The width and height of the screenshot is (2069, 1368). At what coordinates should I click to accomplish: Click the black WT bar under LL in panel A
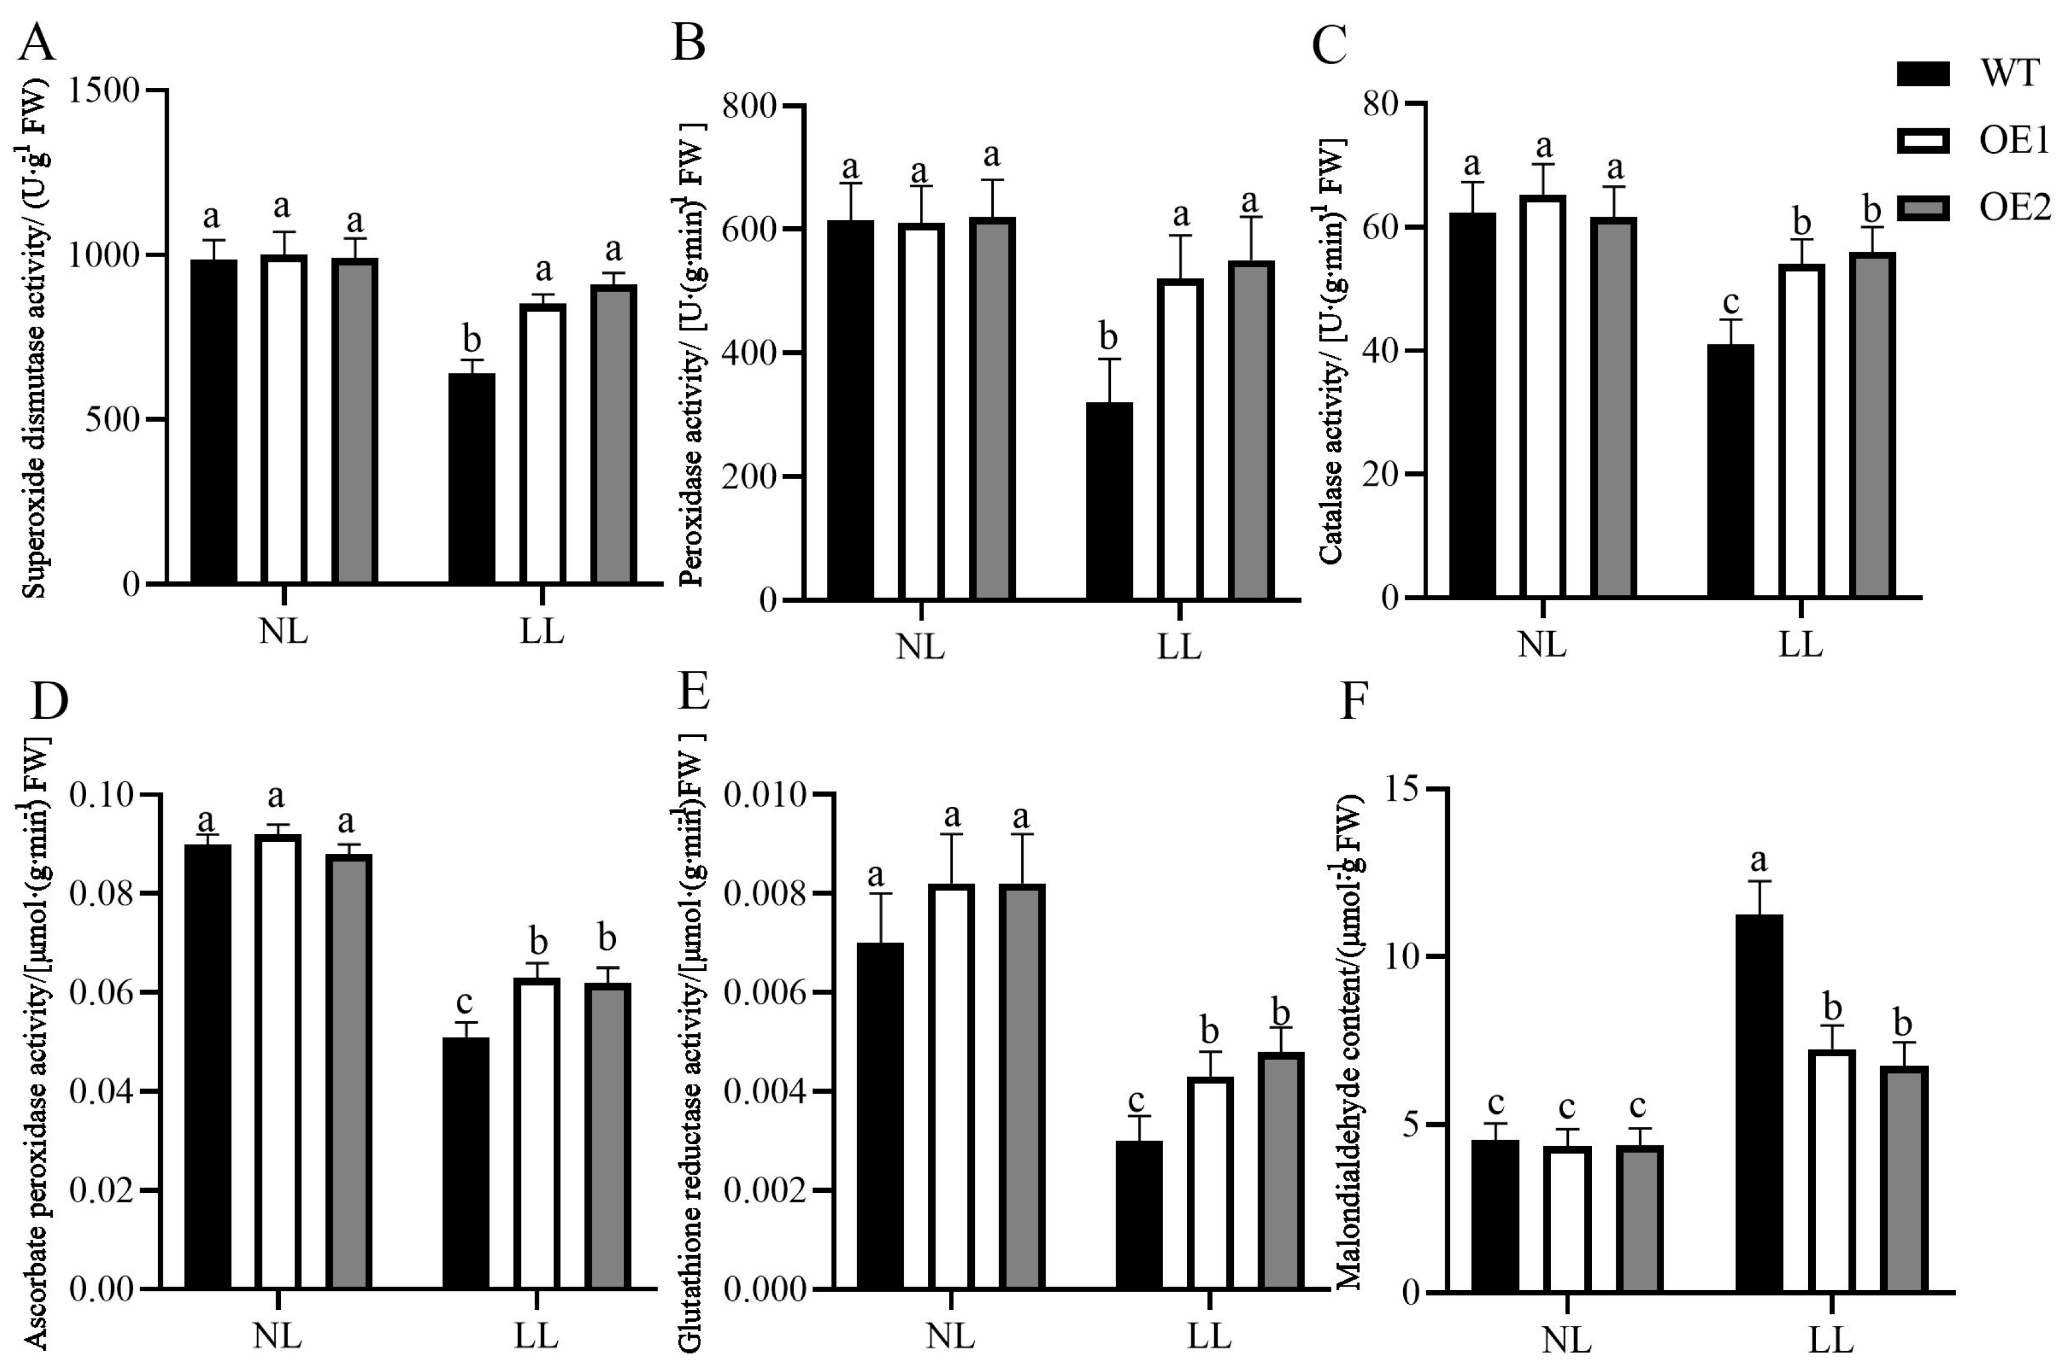(471, 478)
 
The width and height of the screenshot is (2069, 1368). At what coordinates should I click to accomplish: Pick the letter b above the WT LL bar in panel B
(1108, 337)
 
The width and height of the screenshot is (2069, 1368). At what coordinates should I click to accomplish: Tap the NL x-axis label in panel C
(1542, 645)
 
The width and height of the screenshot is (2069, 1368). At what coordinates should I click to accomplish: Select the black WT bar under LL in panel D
(466, 1163)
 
